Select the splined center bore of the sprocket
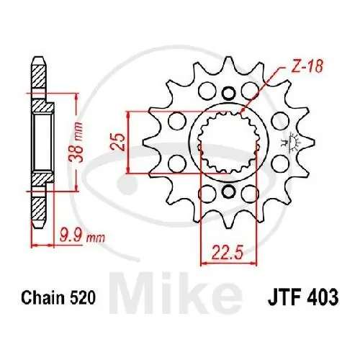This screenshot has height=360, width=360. click(x=229, y=142)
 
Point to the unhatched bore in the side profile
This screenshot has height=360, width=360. click(x=43, y=142)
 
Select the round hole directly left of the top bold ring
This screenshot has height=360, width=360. click(x=204, y=91)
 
